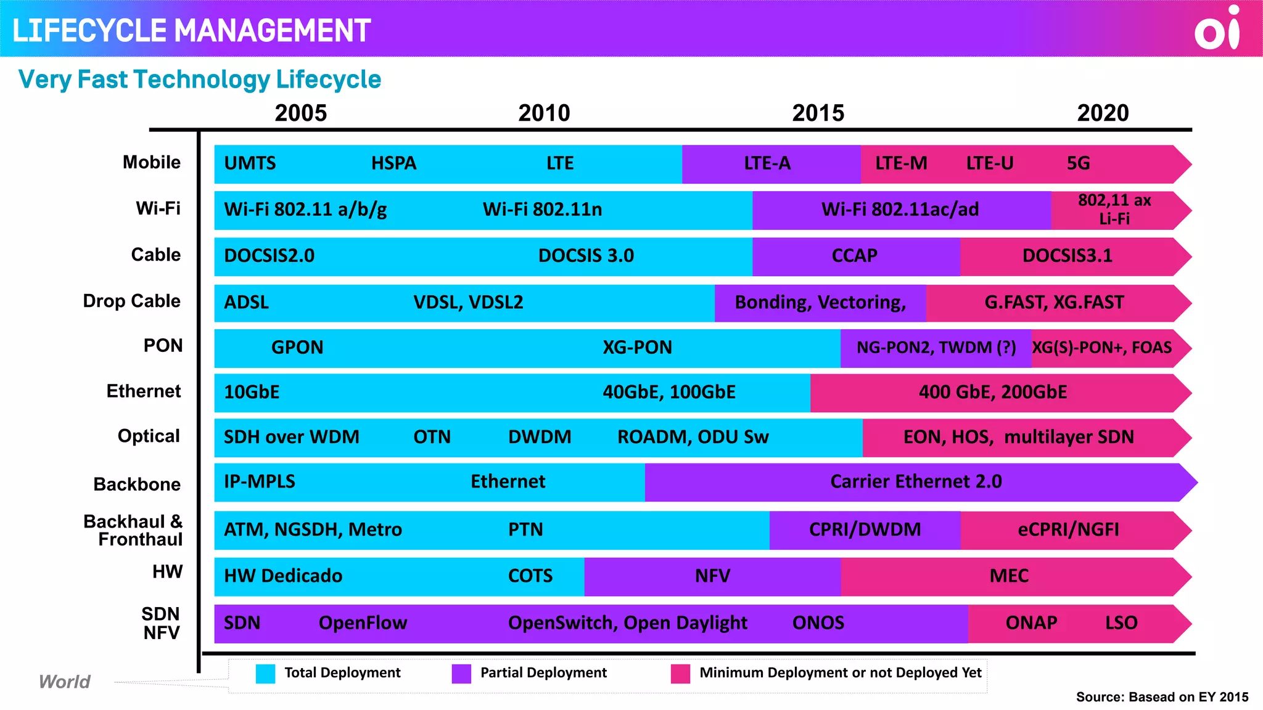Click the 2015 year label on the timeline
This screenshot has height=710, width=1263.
(818, 113)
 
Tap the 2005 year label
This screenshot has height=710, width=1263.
(300, 113)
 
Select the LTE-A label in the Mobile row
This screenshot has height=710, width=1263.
(767, 163)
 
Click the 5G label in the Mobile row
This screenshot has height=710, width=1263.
(1078, 163)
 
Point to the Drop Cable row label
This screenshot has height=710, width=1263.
(131, 301)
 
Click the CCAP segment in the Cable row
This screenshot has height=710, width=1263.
(854, 256)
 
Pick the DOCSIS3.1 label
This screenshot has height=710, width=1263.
(1067, 256)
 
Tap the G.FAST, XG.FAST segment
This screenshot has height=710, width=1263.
(1053, 303)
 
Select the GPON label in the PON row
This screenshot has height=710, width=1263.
(297, 348)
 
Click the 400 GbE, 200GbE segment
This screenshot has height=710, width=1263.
(992, 393)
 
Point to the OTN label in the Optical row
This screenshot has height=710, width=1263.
(432, 437)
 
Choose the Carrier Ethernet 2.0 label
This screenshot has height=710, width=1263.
(916, 481)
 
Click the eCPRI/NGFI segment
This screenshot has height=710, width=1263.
(1068, 530)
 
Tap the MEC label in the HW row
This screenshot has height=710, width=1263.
(1009, 576)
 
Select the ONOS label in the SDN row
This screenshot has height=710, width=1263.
(818, 623)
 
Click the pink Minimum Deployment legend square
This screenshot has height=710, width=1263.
(680, 674)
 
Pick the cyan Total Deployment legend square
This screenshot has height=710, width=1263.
(265, 674)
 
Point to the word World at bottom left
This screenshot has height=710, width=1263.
(64, 682)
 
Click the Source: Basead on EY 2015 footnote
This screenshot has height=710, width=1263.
(1162, 697)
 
